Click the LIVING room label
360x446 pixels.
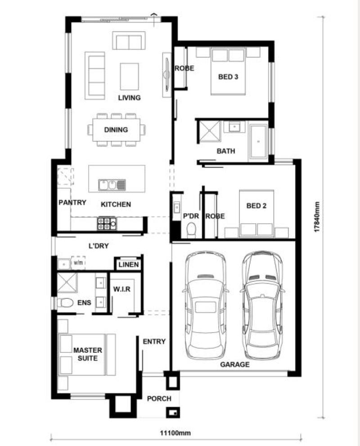click(130, 98)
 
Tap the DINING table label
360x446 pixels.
click(116, 130)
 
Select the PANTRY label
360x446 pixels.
click(72, 203)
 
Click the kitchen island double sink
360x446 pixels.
click(112, 185)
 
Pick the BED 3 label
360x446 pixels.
click(228, 77)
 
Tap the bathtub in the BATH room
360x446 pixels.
click(258, 141)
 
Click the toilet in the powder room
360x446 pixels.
click(191, 230)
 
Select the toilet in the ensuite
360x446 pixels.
click(65, 302)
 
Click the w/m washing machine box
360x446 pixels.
click(78, 262)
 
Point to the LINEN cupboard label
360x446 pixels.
click(129, 265)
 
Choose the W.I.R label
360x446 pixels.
click(121, 289)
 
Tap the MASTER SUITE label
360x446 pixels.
click(88, 354)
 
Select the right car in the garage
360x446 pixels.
click(262, 305)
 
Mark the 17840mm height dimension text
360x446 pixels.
click(317, 217)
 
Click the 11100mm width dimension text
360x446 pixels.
click(175, 433)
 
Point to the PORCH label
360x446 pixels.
click(159, 399)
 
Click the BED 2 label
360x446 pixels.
click(256, 206)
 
